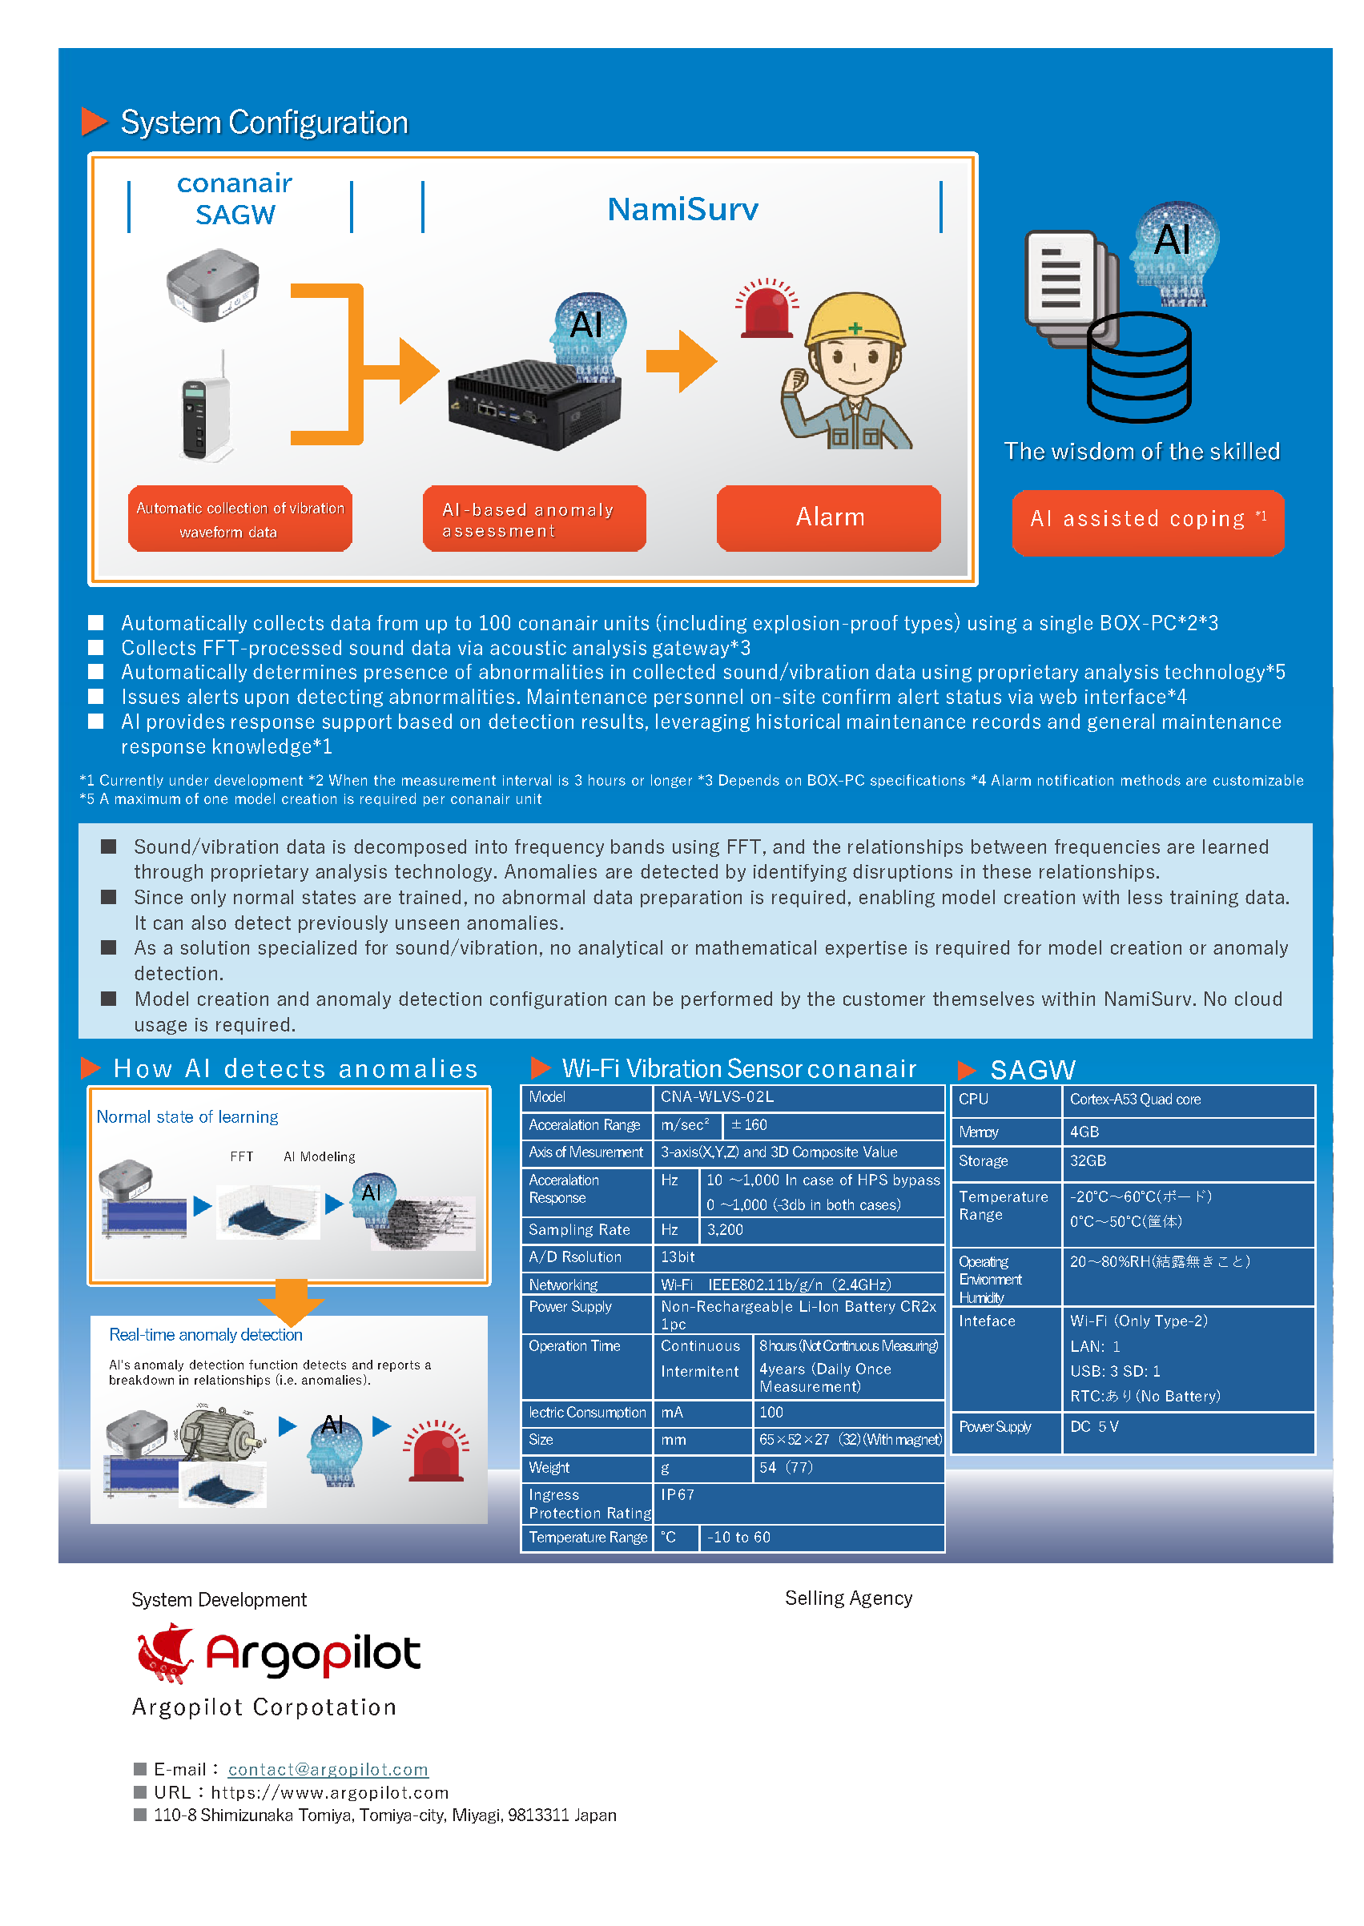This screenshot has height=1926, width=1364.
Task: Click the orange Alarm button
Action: click(x=828, y=518)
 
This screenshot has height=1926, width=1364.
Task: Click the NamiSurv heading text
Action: click(x=682, y=209)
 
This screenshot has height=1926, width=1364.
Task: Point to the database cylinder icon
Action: click(x=1139, y=367)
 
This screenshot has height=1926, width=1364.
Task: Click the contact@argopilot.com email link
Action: click(x=328, y=1769)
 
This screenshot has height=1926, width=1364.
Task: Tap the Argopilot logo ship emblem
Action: click(x=166, y=1652)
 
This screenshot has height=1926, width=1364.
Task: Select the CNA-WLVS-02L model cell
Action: click(x=798, y=1097)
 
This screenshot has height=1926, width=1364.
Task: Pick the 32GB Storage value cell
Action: click(x=1188, y=1161)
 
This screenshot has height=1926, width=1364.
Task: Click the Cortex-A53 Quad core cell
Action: click(x=1188, y=1100)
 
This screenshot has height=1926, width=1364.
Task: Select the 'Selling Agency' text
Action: click(x=848, y=1598)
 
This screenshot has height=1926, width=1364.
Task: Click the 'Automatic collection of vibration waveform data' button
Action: click(x=240, y=520)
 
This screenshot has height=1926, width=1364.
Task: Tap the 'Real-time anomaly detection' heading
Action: click(x=206, y=1335)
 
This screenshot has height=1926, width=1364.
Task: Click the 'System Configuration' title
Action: click(x=264, y=123)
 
